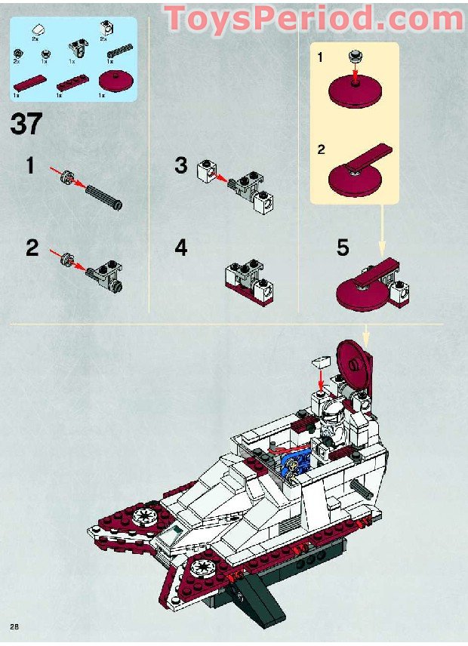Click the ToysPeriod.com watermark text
313,18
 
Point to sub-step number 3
181,165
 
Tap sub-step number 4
181,247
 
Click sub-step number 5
343,247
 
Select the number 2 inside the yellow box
321,149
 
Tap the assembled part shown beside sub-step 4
248,284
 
